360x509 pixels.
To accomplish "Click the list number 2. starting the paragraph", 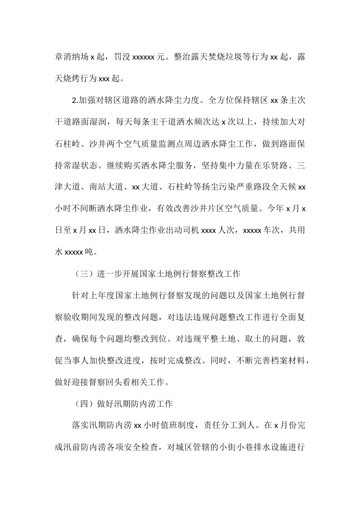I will (x=74, y=100).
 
